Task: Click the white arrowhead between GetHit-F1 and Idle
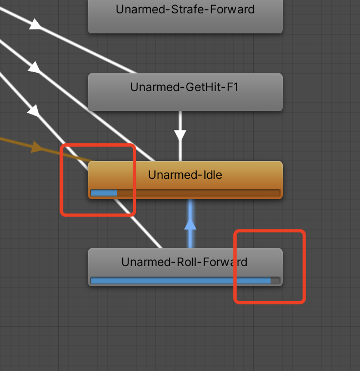(180, 135)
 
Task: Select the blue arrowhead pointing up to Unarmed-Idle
(191, 224)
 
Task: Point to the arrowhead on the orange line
(37, 147)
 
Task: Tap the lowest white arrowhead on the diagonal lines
(34, 112)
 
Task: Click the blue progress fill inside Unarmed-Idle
(104, 193)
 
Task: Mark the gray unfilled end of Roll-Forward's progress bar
(275, 280)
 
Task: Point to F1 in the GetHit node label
(232, 87)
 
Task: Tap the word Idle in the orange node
(211, 175)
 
